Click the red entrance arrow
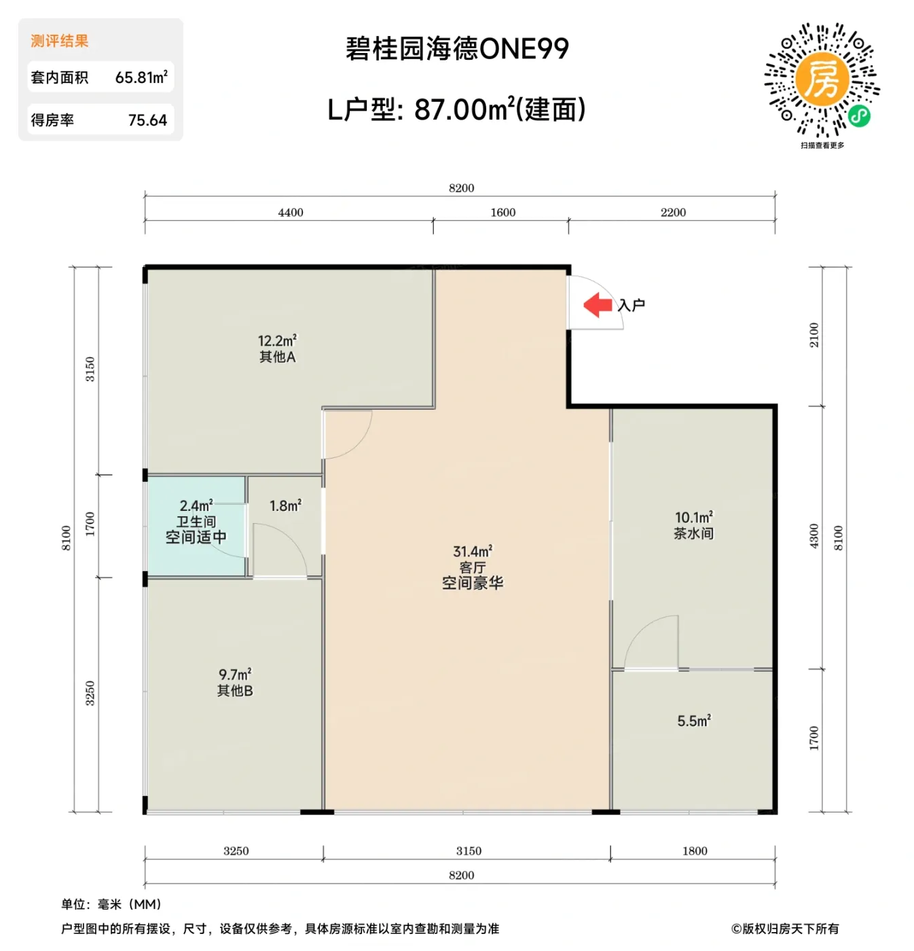pos(598,305)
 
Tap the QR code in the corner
pos(822,81)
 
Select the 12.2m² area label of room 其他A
pos(277,341)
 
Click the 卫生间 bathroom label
pos(196,522)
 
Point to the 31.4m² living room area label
pos(473,552)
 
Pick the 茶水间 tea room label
pos(693,534)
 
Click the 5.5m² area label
pos(694,721)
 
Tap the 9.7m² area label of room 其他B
pos(235,675)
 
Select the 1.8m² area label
pos(285,506)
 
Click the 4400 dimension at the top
pos(291,213)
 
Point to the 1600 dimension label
pos(503,213)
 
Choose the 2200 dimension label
pos(673,213)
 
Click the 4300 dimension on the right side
pos(814,537)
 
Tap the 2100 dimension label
pos(814,336)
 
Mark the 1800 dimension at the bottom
pos(695,851)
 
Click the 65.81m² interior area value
pos(141,77)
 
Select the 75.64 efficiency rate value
pos(147,120)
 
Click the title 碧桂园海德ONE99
pos(457,49)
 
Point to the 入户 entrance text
pos(632,306)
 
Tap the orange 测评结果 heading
pos(60,41)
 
